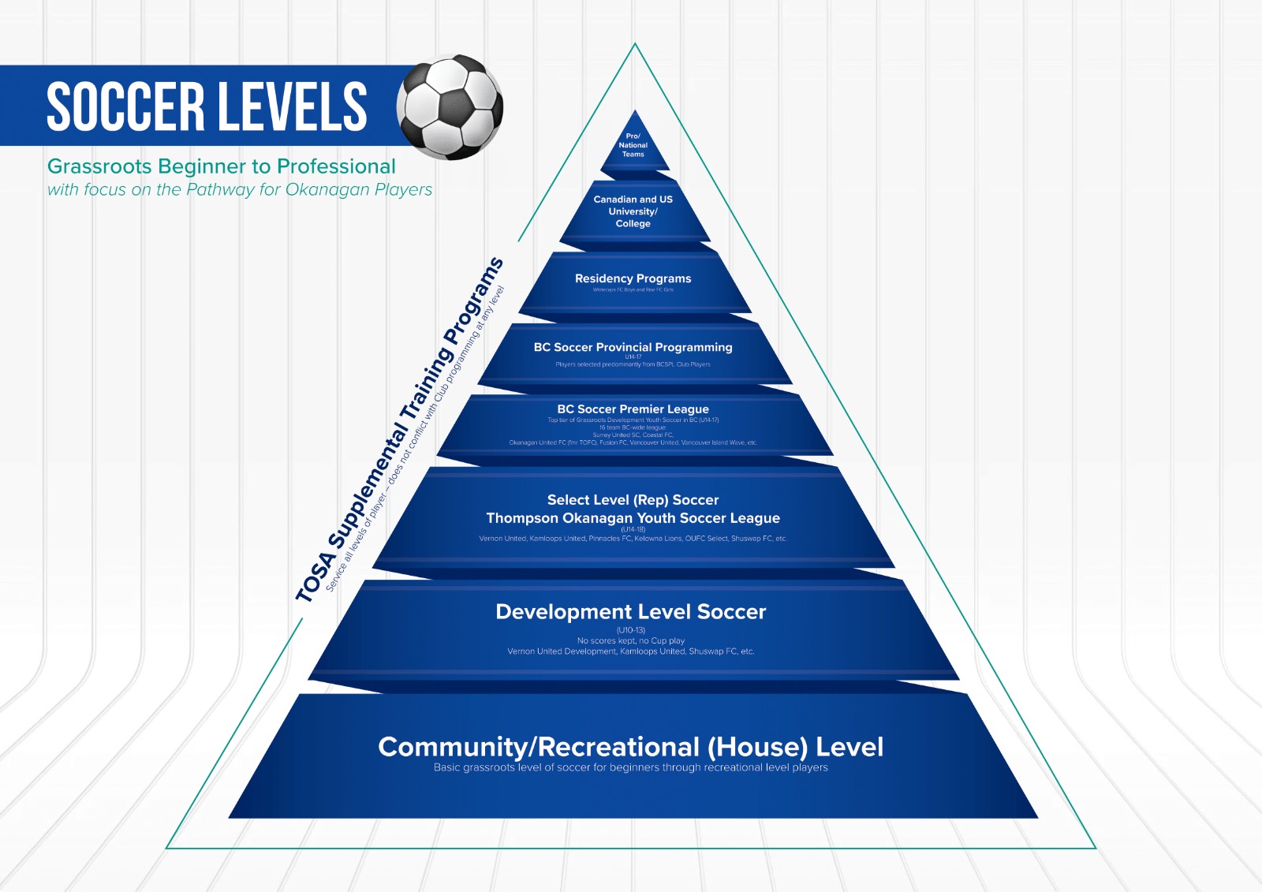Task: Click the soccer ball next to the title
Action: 450,106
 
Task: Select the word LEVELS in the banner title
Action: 292,106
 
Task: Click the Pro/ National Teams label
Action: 633,145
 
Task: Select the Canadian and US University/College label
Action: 633,211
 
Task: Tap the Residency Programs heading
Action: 633,278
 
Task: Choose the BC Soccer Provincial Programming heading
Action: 633,347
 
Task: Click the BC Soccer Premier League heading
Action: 633,409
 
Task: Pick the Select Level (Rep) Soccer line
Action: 633,500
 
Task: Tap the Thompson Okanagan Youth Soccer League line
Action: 633,518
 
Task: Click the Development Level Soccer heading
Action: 630,612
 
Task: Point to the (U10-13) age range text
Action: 631,630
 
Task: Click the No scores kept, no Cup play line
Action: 631,641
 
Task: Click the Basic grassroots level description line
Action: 630,767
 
